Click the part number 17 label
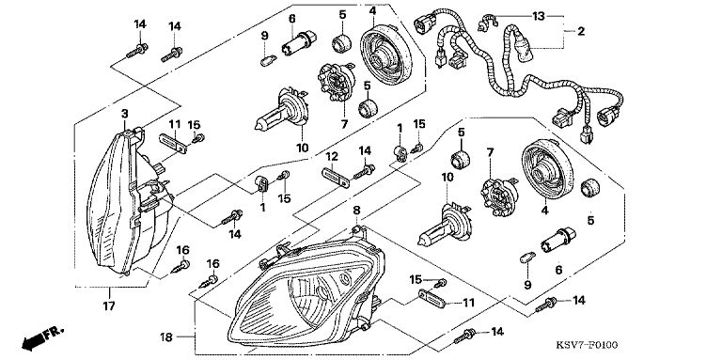[109, 305]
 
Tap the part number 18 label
[166, 337]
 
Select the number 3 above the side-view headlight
[124, 113]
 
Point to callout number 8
[356, 210]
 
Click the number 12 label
[332, 158]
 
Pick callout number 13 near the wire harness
[539, 17]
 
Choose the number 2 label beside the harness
[581, 31]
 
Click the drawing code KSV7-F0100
[587, 345]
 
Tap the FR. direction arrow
[43, 337]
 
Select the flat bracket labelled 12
[336, 178]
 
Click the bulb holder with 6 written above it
[299, 42]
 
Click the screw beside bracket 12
[364, 172]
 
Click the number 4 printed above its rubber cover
[372, 11]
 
